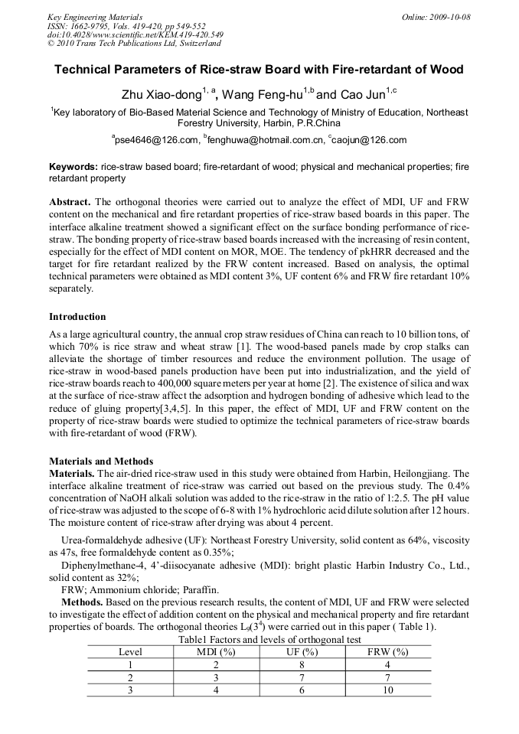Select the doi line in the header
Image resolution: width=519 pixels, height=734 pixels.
pos(135,35)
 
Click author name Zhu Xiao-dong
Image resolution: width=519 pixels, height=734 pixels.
pos(161,95)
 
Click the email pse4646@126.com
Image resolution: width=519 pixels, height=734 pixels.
pos(157,140)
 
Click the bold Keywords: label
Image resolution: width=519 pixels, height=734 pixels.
pos(73,167)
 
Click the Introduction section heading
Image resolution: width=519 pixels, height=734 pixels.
pos(77,316)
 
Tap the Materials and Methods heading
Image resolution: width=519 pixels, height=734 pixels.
pos(101,462)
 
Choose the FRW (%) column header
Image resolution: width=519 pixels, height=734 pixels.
pos(388,652)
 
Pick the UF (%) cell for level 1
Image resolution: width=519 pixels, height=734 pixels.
pos(302,665)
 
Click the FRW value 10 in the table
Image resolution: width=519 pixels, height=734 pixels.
pos(388,690)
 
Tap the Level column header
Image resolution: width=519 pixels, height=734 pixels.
pos(130,652)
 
